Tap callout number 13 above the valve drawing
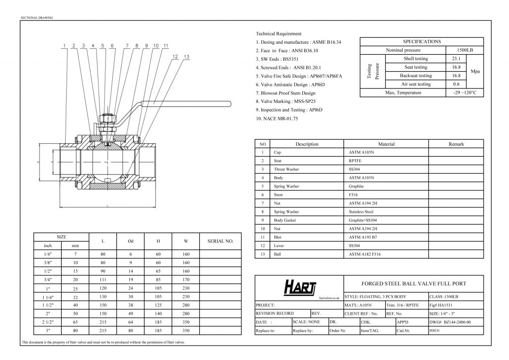(x=186, y=57)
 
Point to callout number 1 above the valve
(x=65, y=46)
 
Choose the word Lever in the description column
(x=279, y=246)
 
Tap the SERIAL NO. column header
(x=219, y=241)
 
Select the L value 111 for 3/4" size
(x=102, y=279)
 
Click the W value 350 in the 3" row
(x=186, y=330)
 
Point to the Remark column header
(x=456, y=144)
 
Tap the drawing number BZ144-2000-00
(x=455, y=322)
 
